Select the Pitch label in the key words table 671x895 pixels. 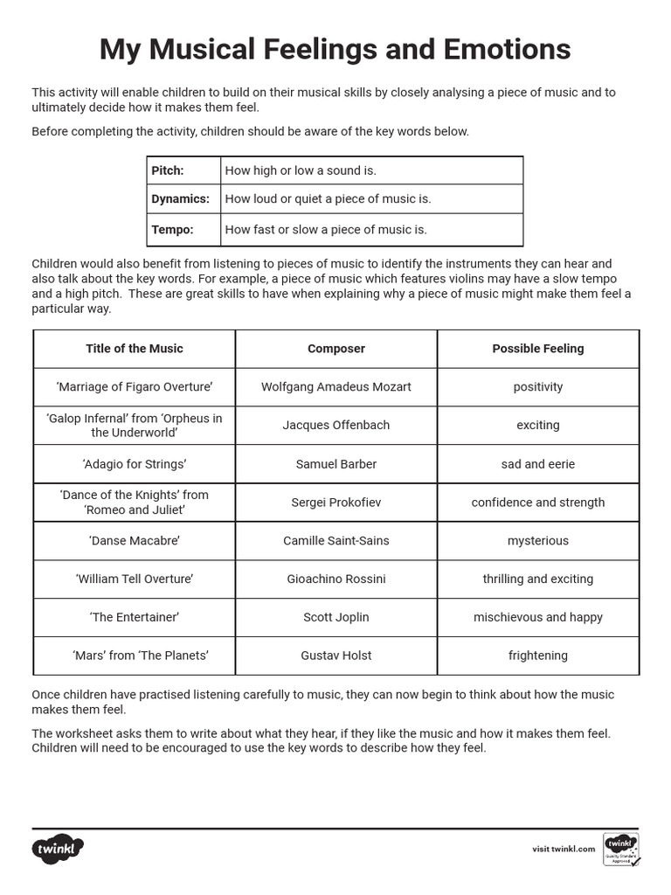point(168,171)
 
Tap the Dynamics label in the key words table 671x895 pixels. point(180,199)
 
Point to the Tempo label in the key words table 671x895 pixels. point(172,230)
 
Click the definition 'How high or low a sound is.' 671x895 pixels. point(301,171)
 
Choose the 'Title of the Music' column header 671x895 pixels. point(135,349)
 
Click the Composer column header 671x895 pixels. point(336,349)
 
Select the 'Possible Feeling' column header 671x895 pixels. point(538,349)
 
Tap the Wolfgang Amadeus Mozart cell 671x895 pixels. point(336,387)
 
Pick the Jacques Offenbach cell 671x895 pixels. point(336,426)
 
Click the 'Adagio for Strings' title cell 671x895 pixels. point(135,464)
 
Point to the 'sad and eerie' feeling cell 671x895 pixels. point(538,464)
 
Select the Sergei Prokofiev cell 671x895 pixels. point(336,503)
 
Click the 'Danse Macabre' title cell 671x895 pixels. point(135,541)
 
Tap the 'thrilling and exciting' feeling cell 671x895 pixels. point(538,579)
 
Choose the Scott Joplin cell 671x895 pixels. point(336,617)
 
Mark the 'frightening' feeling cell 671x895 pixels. point(538,656)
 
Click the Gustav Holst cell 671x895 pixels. point(336,656)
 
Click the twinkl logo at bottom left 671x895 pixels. point(59,849)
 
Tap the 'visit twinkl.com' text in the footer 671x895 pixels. point(564,849)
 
